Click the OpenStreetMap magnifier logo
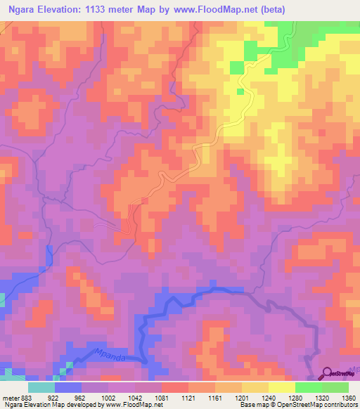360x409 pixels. click(328, 374)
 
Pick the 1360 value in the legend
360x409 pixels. click(348, 397)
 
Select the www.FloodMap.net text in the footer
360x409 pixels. click(133, 405)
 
